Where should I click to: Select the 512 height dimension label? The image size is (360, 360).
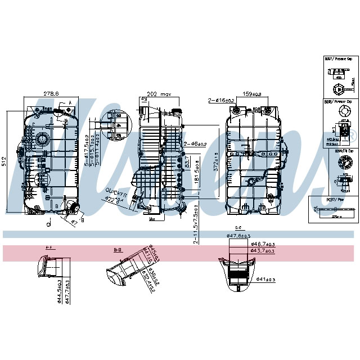[x=4, y=162]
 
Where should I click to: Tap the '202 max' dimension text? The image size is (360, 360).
[x=158, y=94]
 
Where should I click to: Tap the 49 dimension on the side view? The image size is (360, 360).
[x=144, y=100]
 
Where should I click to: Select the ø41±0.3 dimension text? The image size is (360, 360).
[x=265, y=280]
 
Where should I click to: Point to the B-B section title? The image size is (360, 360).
[x=118, y=247]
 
